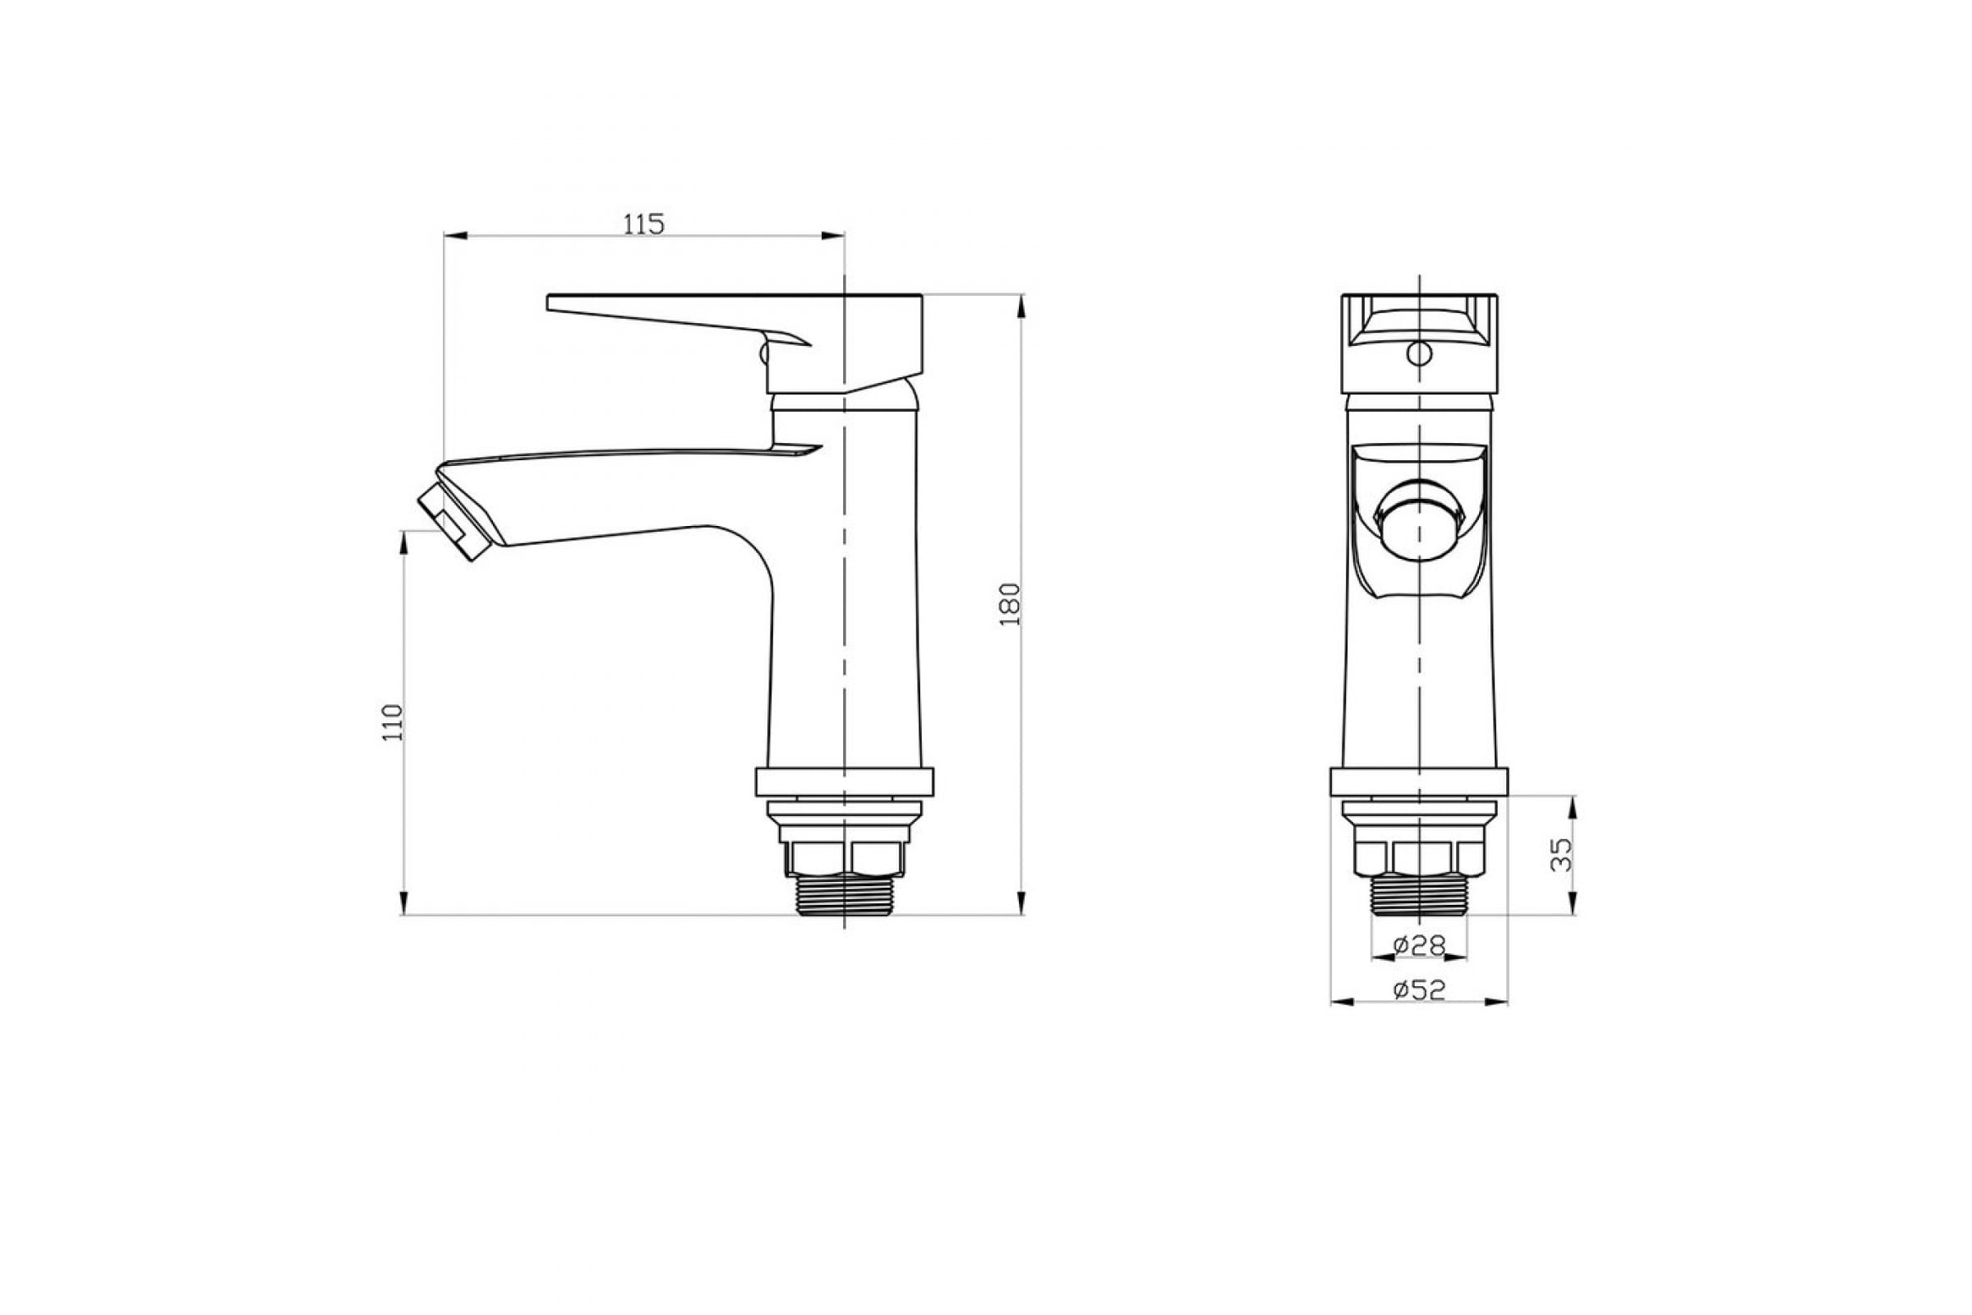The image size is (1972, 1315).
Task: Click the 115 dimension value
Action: [644, 224]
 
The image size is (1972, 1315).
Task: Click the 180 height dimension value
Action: [1010, 603]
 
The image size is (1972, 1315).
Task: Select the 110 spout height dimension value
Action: [394, 722]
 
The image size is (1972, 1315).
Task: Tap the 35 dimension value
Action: [1561, 856]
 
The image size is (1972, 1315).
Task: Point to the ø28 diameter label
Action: [1420, 945]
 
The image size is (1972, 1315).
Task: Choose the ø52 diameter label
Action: [1420, 990]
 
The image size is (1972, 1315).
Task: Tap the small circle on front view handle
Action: [1419, 353]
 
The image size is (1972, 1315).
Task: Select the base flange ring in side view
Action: [844, 782]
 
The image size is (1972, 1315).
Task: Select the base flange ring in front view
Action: [1419, 782]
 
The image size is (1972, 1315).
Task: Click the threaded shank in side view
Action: [844, 895]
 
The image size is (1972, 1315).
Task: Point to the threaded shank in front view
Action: [1419, 893]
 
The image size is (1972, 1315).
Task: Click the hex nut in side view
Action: [844, 858]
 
